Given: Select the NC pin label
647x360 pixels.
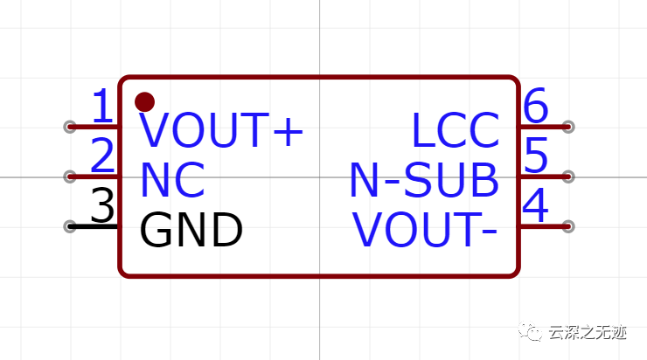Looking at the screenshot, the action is [x=172, y=181].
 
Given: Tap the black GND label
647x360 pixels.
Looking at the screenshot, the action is [x=191, y=231].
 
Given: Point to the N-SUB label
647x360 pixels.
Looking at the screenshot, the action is [x=424, y=181].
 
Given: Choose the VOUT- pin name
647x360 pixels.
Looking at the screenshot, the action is [x=426, y=231].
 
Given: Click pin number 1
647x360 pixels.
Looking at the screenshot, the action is [x=103, y=108].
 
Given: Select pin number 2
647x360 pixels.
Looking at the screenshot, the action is [x=103, y=157].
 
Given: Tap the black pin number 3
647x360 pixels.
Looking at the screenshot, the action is [x=103, y=208].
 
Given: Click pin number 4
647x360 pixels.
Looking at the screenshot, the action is [x=535, y=208].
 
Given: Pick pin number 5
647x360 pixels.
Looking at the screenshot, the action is [x=535, y=157].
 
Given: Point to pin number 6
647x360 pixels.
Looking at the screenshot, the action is [x=535, y=108].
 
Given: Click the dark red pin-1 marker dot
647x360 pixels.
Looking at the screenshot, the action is [x=145, y=101].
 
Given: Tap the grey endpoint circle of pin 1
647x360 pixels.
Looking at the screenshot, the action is [x=70, y=127].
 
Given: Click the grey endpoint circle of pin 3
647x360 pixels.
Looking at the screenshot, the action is [x=70, y=226].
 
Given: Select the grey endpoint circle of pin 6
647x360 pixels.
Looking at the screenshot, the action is [x=568, y=127].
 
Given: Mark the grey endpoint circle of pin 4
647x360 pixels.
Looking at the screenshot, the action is [x=568, y=226].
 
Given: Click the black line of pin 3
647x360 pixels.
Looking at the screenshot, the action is [x=96, y=226].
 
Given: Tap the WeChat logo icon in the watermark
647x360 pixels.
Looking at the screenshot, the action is [x=532, y=332].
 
